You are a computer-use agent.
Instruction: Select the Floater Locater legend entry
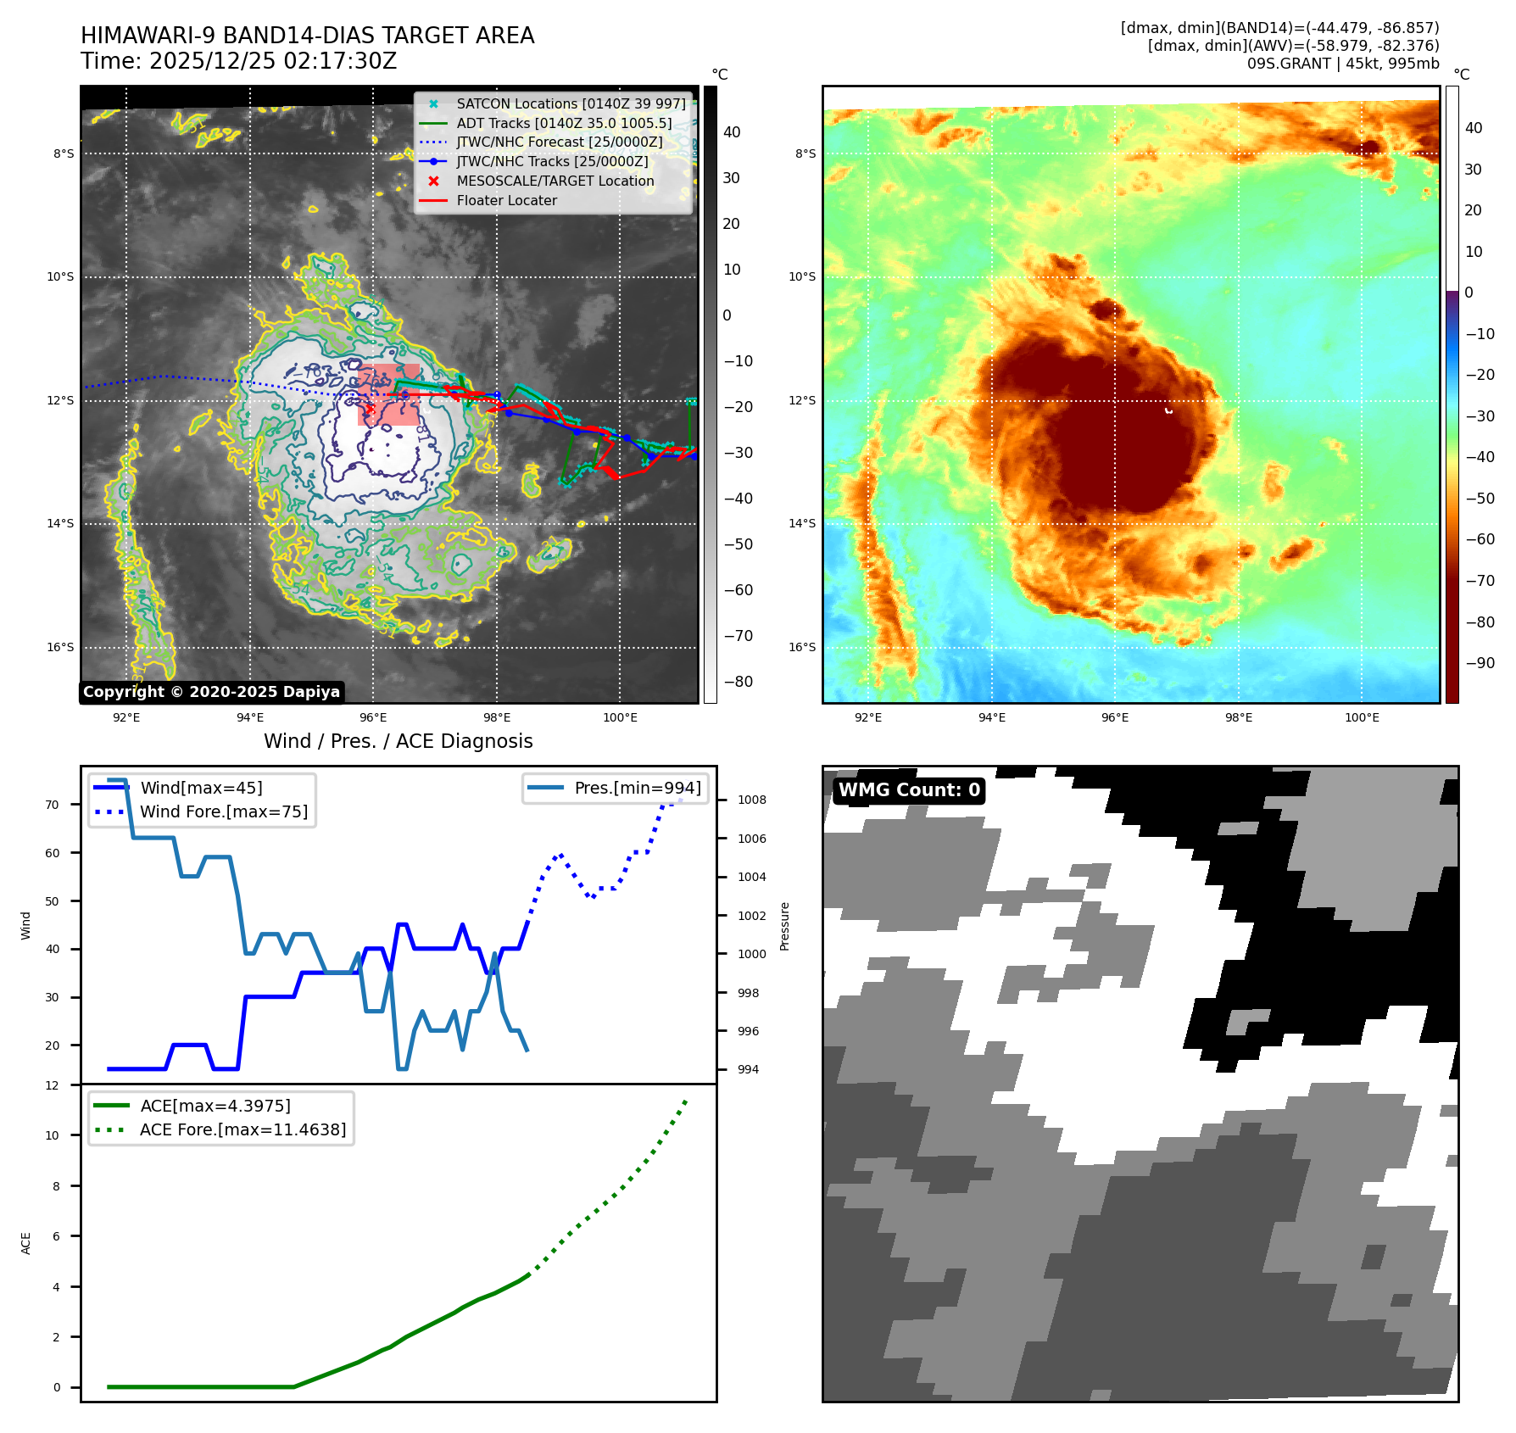coord(506,201)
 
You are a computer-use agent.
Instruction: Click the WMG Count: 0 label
coord(909,790)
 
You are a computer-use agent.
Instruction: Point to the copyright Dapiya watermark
coord(211,692)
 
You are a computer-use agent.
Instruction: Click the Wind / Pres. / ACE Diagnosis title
coord(398,742)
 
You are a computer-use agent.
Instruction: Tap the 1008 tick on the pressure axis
coord(751,800)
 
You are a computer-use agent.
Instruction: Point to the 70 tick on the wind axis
coord(53,806)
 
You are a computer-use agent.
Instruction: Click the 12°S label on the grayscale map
coord(60,401)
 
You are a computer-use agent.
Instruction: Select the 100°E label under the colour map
coord(1362,718)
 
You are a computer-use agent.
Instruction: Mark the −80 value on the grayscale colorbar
coord(738,682)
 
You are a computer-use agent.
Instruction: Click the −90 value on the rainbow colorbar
coord(1480,663)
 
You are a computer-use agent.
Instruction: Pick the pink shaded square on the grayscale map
coord(388,395)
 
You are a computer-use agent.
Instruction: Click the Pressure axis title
coord(784,926)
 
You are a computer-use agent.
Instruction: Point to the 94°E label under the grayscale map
coord(250,718)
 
